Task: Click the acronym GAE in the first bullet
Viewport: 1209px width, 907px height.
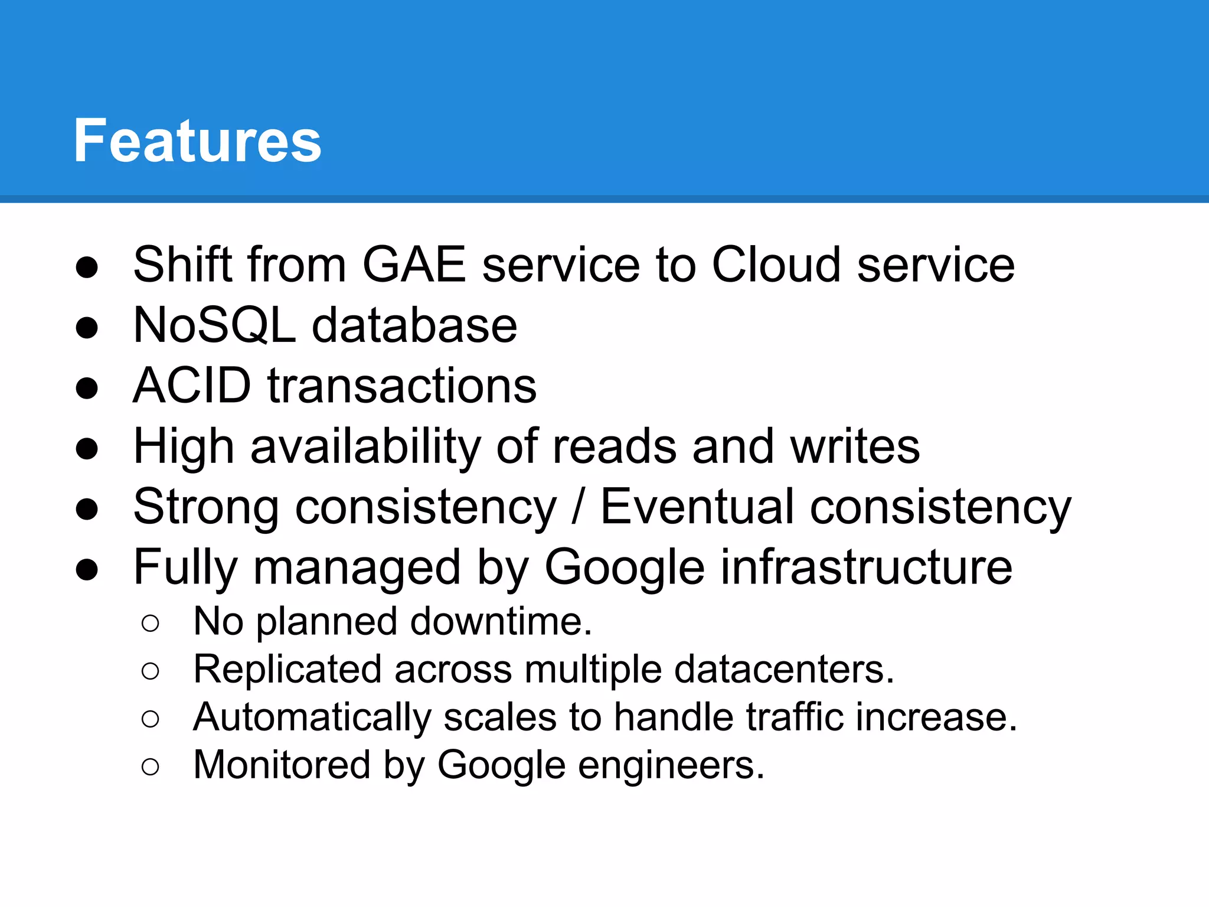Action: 414,265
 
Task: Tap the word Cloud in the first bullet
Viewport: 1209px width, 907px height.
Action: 775,265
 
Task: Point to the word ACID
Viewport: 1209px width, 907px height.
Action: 192,386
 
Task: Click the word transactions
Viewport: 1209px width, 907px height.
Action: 402,386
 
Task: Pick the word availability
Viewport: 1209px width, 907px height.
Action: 365,447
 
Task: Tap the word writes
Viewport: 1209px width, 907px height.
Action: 855,447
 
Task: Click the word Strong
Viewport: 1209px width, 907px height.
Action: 206,507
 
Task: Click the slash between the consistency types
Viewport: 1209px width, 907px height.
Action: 578,507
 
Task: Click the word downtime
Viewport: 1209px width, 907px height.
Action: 501,622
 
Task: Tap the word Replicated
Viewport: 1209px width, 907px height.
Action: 287,670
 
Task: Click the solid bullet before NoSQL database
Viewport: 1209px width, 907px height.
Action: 87,328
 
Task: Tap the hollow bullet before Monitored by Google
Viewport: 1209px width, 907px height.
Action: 151,767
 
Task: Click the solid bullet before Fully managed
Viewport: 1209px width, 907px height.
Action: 87,569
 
